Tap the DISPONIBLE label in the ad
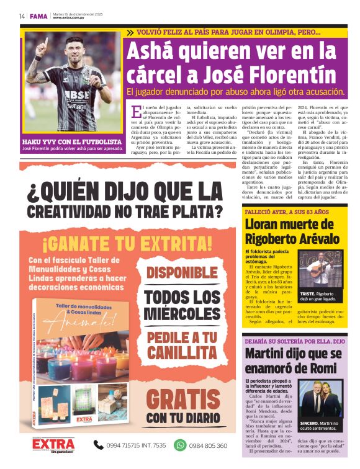pos(182,272)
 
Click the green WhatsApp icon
pos(180,445)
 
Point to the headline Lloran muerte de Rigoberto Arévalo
pos(289,231)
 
